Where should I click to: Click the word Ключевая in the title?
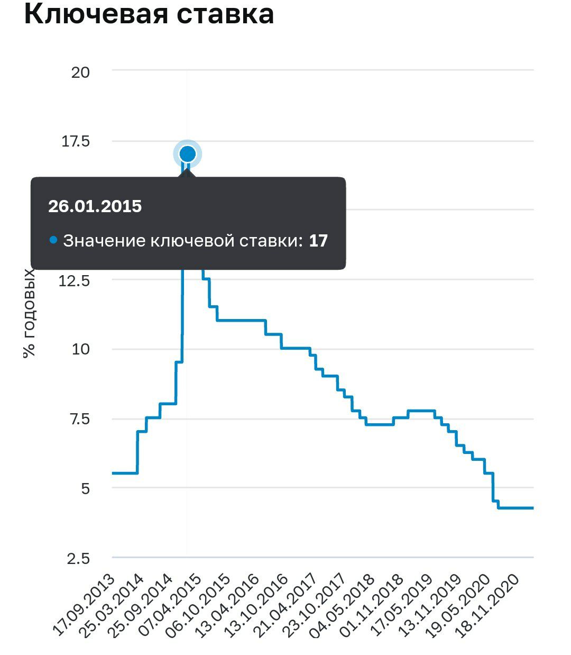tap(96, 14)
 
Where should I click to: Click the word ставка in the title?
tap(225, 15)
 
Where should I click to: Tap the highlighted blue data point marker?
tap(188, 154)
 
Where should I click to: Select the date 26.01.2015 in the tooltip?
tap(95, 206)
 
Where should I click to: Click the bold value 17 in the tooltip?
tap(318, 241)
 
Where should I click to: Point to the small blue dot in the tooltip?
tap(53, 240)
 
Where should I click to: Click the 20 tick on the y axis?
tap(80, 72)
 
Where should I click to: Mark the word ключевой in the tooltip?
tap(193, 241)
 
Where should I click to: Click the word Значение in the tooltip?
tap(104, 241)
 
